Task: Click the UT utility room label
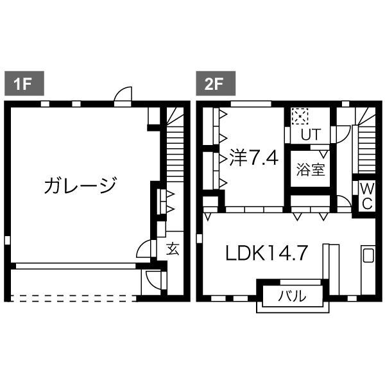click(x=311, y=134)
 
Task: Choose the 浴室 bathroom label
click(x=311, y=170)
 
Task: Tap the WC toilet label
click(x=366, y=196)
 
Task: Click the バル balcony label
click(x=293, y=296)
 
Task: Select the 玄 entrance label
click(x=173, y=248)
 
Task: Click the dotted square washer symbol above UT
click(x=299, y=116)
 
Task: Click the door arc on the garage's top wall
click(x=123, y=96)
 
